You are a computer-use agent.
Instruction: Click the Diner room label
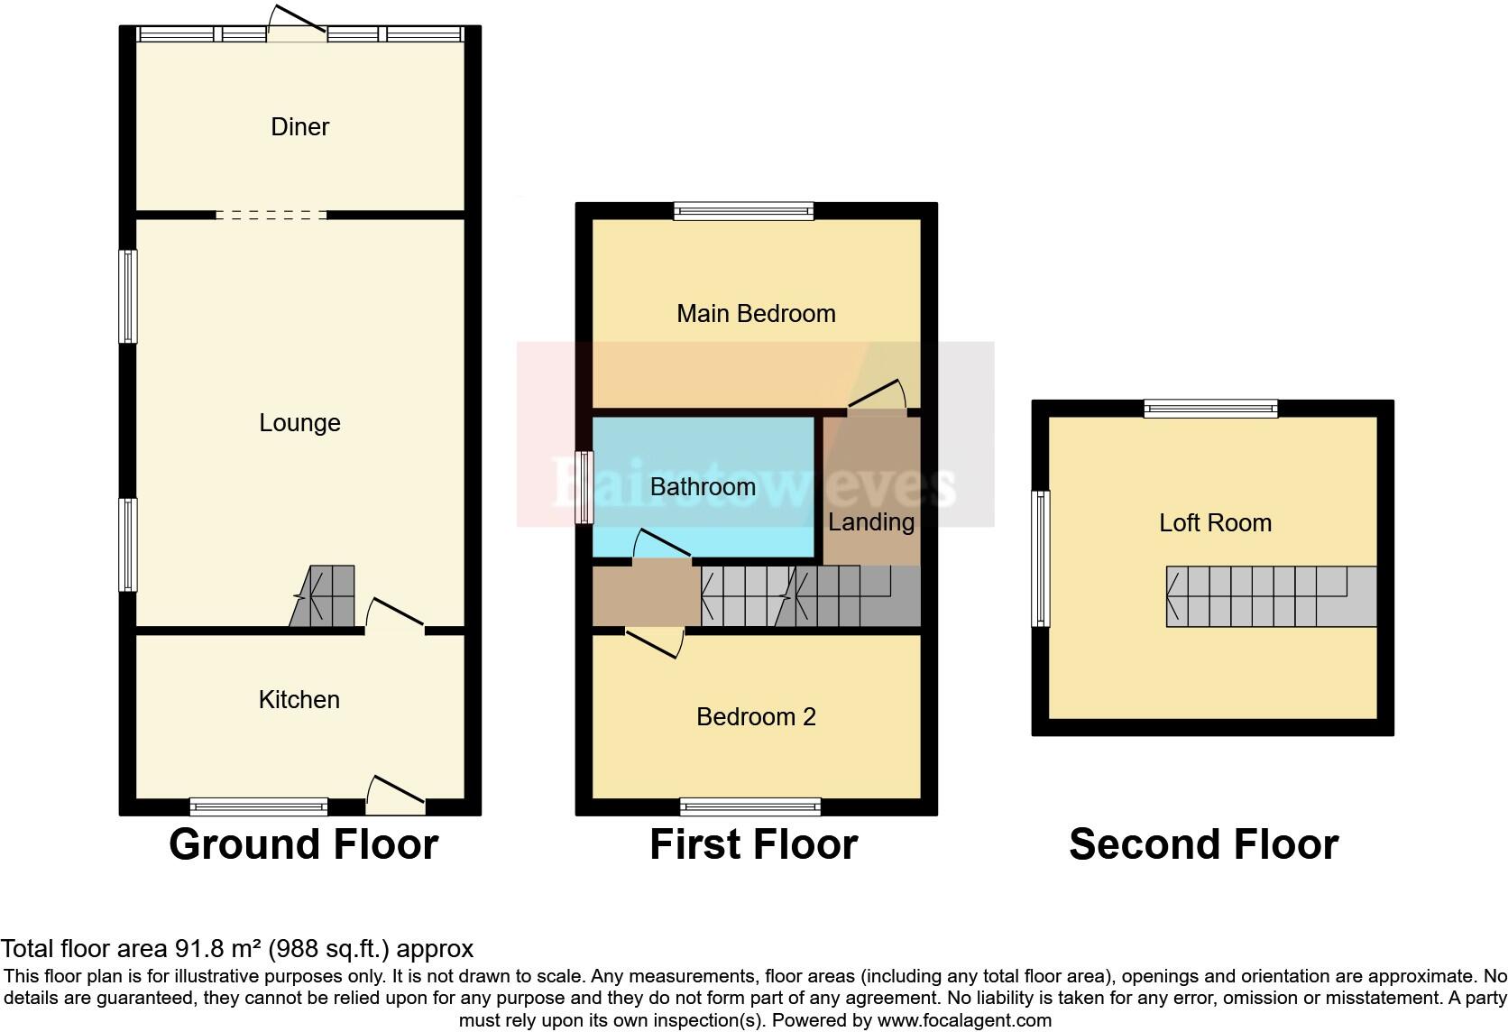299,127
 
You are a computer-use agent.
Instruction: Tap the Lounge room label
299,423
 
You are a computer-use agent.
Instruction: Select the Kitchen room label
299,700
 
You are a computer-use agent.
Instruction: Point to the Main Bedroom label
756,314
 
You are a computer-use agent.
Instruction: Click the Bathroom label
703,487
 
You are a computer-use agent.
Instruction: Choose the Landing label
870,522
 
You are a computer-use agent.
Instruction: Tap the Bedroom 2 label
756,717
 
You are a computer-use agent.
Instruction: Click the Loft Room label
1215,523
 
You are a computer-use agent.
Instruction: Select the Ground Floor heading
303,844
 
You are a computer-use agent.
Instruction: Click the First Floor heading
753,844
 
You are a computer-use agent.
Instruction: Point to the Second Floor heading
1203,844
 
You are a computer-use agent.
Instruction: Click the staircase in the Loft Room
1271,596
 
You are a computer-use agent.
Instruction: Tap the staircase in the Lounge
324,596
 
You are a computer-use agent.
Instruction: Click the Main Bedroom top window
744,211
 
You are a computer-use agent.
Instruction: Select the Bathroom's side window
585,487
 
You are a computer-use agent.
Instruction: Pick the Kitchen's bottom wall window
259,806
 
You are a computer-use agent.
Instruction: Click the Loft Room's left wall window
1042,558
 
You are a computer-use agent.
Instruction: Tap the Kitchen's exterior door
395,794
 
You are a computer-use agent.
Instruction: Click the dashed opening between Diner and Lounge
271,216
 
